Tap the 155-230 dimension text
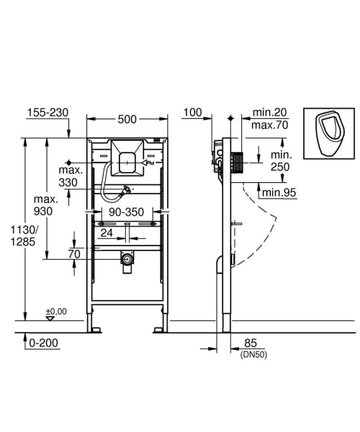pyautogui.click(x=47, y=113)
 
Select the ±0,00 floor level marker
pyautogui.click(x=55, y=312)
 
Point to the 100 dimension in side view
pyautogui.click(x=192, y=113)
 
